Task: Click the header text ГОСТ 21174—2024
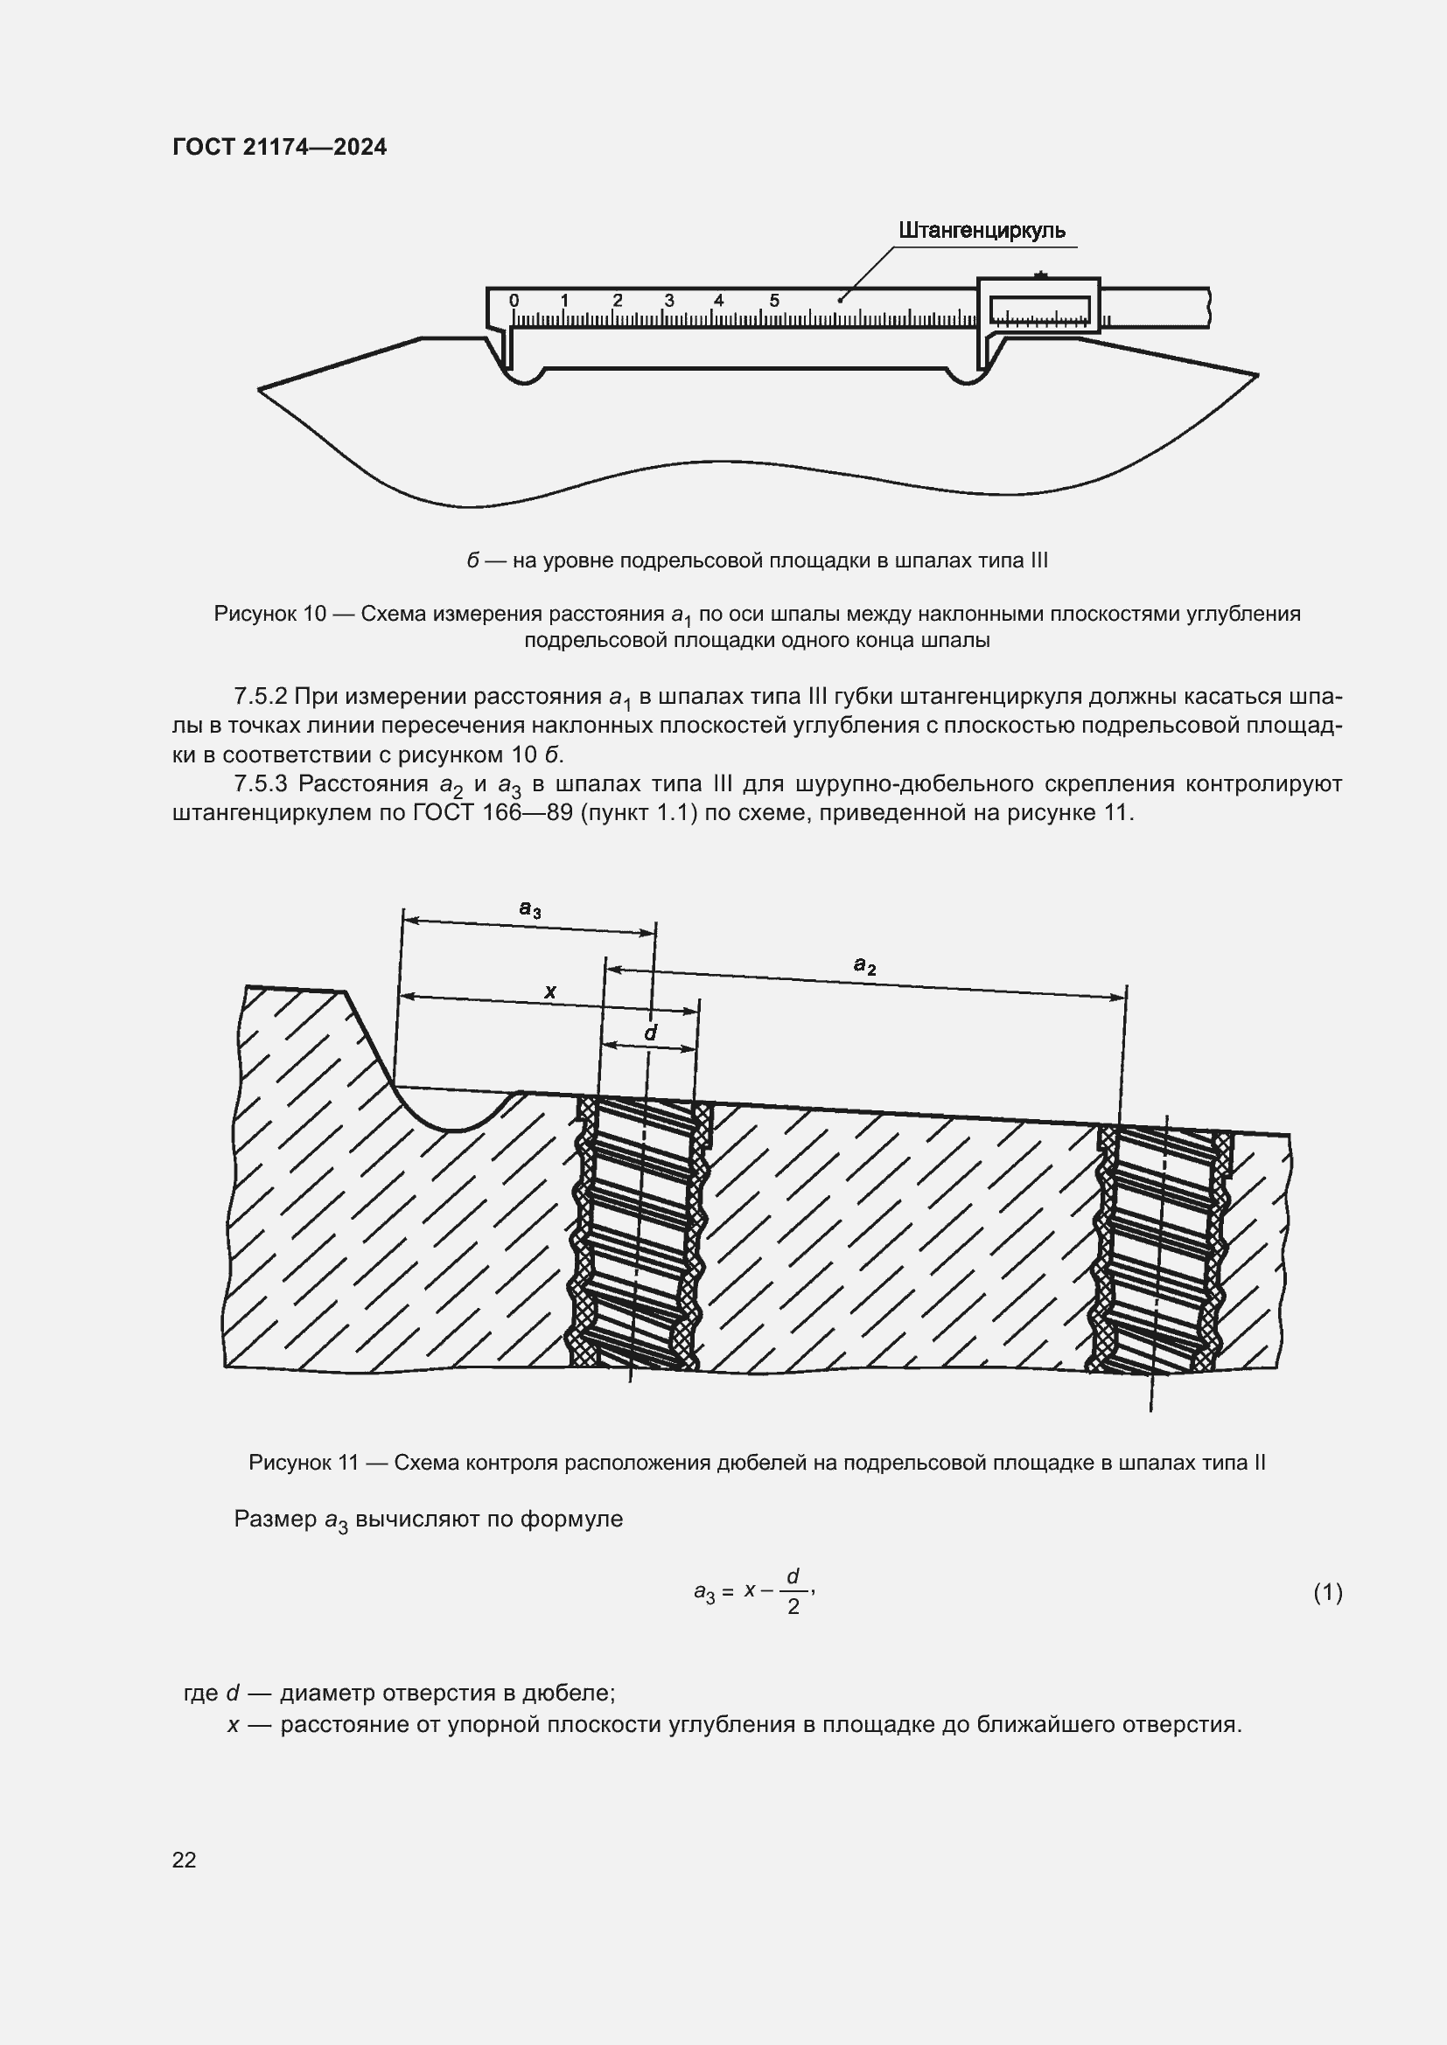[279, 147]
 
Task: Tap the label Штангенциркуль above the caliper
[981, 231]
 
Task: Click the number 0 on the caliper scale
[514, 301]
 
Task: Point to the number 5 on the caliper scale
[773, 301]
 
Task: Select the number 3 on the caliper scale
[669, 301]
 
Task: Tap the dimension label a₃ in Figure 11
[530, 908]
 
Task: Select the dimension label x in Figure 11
[549, 991]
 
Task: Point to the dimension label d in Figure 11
[650, 1033]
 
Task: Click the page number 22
[185, 1860]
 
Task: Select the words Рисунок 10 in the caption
[270, 614]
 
